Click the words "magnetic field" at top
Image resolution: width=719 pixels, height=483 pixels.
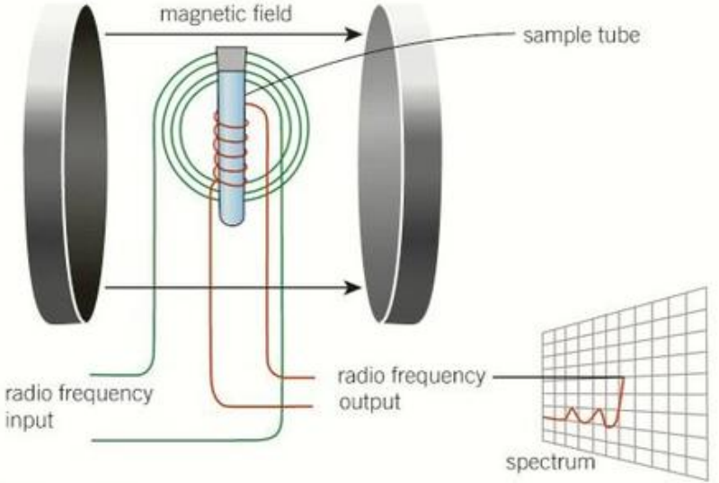pos(226,14)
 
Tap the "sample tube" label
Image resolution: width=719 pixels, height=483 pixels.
pos(581,35)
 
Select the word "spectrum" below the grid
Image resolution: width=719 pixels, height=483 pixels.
pos(551,462)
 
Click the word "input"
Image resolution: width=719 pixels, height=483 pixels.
pos(30,421)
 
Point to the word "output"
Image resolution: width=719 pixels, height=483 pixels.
pos(369,402)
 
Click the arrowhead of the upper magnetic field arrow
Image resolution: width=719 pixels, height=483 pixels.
pos(353,34)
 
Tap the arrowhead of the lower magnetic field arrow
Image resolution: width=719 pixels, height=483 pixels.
pos(353,288)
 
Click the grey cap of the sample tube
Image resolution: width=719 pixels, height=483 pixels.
pos(232,58)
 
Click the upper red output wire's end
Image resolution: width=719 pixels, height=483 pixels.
pos(314,378)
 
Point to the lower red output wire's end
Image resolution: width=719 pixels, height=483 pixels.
pos(312,407)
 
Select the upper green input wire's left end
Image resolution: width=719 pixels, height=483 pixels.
pos(92,375)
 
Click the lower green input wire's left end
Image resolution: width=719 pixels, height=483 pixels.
pos(93,441)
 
